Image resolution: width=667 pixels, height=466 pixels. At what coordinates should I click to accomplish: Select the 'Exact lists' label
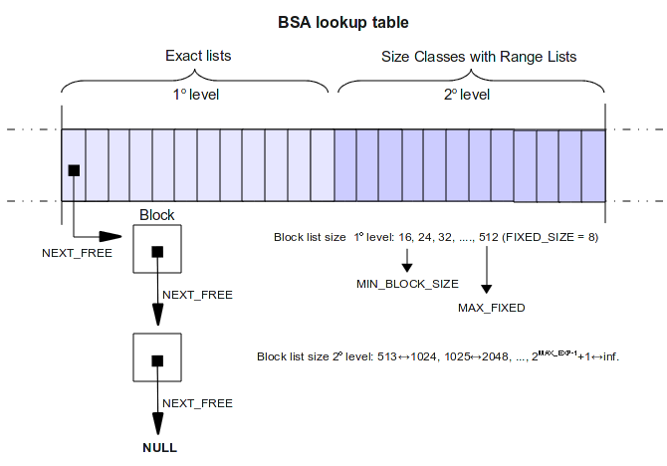197,56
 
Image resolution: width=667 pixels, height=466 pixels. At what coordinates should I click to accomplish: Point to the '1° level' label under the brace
197,96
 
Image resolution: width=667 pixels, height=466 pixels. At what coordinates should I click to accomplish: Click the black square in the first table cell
73,170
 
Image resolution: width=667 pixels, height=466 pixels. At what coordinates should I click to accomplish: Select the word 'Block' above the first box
156,215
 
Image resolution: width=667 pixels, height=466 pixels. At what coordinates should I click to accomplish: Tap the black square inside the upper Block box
156,251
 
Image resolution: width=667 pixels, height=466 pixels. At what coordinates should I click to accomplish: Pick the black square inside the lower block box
156,359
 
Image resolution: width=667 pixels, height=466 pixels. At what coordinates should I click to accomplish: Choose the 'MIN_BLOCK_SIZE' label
407,285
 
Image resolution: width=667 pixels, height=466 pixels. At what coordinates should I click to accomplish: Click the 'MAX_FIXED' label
491,308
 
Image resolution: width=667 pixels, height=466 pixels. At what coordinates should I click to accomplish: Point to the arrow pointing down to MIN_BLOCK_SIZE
407,261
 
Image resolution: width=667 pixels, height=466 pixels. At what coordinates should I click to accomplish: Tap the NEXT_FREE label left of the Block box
77,253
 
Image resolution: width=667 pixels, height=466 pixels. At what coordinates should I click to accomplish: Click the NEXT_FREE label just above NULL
197,403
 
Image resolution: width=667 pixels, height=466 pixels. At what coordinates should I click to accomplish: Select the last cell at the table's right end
593,165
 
